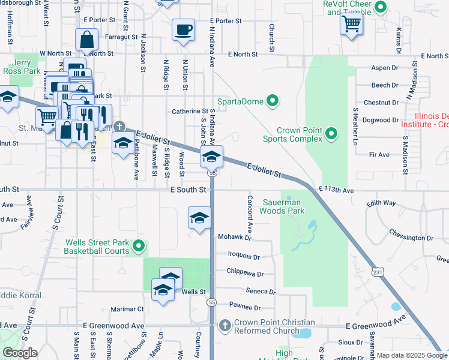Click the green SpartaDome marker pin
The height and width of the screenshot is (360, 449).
point(274,101)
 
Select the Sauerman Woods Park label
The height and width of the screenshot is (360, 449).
point(282,206)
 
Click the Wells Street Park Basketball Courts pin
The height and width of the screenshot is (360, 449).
point(139,246)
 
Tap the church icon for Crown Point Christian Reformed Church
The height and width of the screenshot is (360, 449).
point(225,325)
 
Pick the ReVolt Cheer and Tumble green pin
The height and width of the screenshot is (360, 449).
point(379,7)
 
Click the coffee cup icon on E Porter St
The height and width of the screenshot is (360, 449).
point(183,29)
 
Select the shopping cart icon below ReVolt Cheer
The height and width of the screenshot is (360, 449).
point(352,24)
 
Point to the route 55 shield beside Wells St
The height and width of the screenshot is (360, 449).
point(212,302)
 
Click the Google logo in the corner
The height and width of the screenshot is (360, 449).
point(20,353)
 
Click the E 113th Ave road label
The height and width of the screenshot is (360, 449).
point(337,189)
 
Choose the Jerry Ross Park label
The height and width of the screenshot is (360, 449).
point(25,67)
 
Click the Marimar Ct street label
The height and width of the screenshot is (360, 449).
point(132,309)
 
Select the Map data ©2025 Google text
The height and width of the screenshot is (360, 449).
point(411,355)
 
